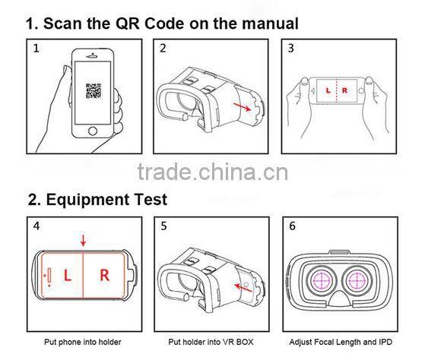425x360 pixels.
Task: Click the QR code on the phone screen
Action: point(94,91)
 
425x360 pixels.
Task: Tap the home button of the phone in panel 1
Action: point(93,131)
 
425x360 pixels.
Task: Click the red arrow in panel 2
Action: point(242,106)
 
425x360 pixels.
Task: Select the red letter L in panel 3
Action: point(328,90)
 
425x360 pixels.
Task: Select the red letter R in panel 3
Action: point(344,90)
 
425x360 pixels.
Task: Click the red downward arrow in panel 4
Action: point(83,240)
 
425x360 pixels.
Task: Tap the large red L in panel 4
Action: point(67,275)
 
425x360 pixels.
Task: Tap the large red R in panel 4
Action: point(105,275)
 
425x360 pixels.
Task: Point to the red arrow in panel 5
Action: point(243,287)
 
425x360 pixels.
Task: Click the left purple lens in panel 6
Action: point(322,280)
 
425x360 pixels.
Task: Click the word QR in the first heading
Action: point(128,24)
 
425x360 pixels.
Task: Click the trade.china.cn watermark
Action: point(213,172)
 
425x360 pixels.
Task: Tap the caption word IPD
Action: point(385,342)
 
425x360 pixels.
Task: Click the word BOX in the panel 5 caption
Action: point(245,342)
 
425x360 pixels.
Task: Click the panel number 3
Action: point(291,48)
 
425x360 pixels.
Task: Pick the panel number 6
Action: point(292,226)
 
